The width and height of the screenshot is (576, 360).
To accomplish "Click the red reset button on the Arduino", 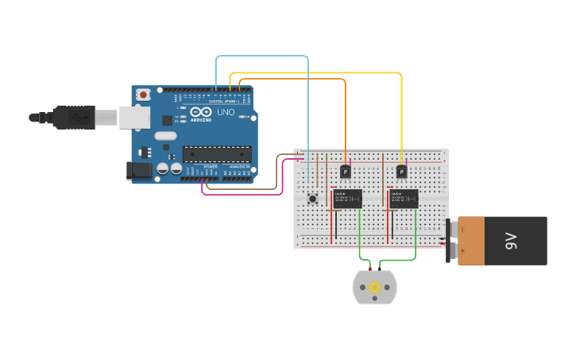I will (x=143, y=95).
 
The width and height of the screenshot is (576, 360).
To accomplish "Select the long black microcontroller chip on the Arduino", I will (x=216, y=154).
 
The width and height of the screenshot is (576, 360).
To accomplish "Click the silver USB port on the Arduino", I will (x=134, y=118).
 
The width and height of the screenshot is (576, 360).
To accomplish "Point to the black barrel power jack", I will (x=140, y=169).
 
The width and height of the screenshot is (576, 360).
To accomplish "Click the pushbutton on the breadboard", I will (x=312, y=198).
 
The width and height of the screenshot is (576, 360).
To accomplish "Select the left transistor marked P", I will (x=346, y=171).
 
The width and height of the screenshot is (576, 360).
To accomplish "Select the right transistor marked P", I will (x=401, y=171).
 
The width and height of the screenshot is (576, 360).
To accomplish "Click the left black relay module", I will (x=348, y=198).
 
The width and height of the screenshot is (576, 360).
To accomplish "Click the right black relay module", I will (x=404, y=198).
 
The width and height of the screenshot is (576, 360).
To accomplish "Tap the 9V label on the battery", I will (x=511, y=241).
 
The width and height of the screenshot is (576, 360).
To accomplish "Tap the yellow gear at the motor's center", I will (x=374, y=287).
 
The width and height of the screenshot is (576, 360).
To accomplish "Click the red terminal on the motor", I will (x=369, y=270).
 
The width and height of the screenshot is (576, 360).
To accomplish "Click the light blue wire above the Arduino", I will (x=262, y=56).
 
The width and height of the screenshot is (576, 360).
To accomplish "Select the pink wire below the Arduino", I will (x=238, y=193).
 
